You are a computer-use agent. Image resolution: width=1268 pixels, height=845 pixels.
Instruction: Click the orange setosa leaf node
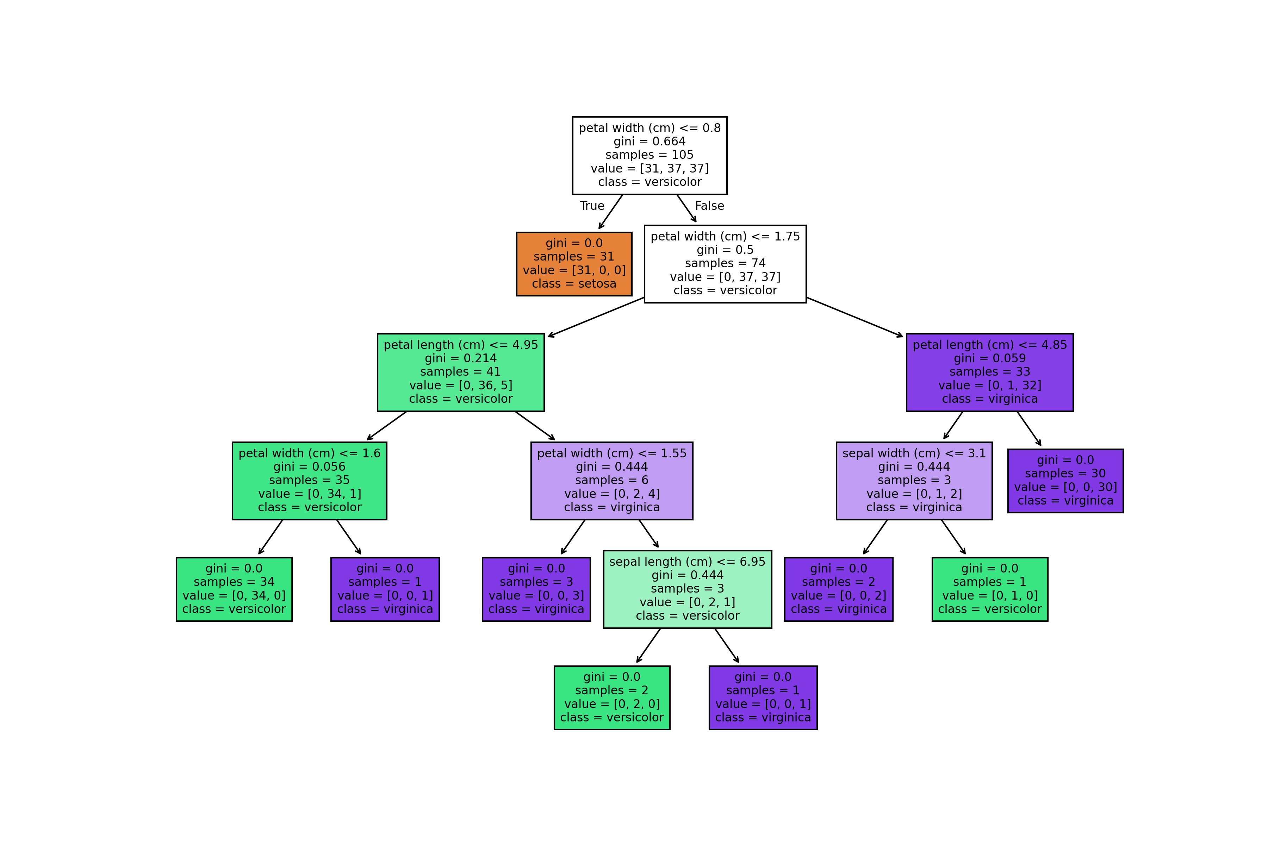tap(574, 264)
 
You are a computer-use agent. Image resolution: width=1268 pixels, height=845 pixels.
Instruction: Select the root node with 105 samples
tap(649, 155)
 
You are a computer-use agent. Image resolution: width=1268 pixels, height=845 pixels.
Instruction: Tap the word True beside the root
tap(592, 206)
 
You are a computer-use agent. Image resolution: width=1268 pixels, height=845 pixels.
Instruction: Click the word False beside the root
tap(709, 206)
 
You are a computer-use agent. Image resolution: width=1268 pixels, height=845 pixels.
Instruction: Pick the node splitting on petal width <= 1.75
tap(725, 264)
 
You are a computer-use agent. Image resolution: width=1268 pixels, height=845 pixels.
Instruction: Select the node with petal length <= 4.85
tap(990, 373)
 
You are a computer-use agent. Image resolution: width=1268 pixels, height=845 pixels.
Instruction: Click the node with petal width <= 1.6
tap(310, 481)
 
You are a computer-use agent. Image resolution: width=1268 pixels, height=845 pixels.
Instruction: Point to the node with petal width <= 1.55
tap(612, 481)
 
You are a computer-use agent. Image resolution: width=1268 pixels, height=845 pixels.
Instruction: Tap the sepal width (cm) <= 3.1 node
tap(914, 481)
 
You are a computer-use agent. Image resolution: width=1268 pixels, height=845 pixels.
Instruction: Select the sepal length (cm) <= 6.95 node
tap(688, 589)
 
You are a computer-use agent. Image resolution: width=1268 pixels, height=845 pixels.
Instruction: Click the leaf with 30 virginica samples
tap(1065, 481)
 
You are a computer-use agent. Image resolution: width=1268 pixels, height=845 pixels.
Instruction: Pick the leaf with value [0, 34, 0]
tap(234, 589)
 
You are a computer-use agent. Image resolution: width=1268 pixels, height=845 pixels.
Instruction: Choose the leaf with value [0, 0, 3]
tap(536, 589)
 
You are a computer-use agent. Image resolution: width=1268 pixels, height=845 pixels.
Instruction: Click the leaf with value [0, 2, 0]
tap(612, 698)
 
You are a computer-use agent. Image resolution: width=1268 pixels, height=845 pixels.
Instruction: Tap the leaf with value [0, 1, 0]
tap(990, 589)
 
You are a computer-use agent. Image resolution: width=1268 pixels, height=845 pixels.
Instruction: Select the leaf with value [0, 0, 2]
tap(839, 589)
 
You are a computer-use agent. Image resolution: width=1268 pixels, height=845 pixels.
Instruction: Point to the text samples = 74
tap(725, 263)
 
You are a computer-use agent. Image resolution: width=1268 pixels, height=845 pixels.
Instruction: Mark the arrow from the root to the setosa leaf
tap(611, 212)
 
